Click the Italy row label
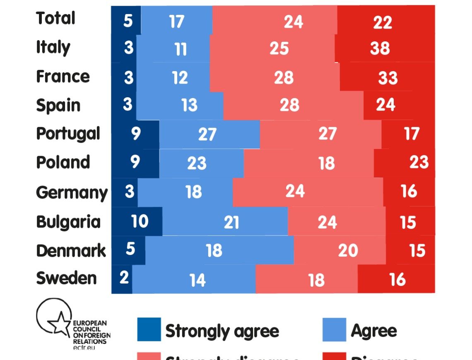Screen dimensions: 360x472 53,48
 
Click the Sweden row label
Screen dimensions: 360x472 66,278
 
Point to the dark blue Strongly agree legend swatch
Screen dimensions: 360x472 149,329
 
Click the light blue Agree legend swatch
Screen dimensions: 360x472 334,329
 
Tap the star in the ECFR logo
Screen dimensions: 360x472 59,323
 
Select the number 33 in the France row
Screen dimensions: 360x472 388,78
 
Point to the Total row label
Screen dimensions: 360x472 55,19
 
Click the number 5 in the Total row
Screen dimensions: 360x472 128,21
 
